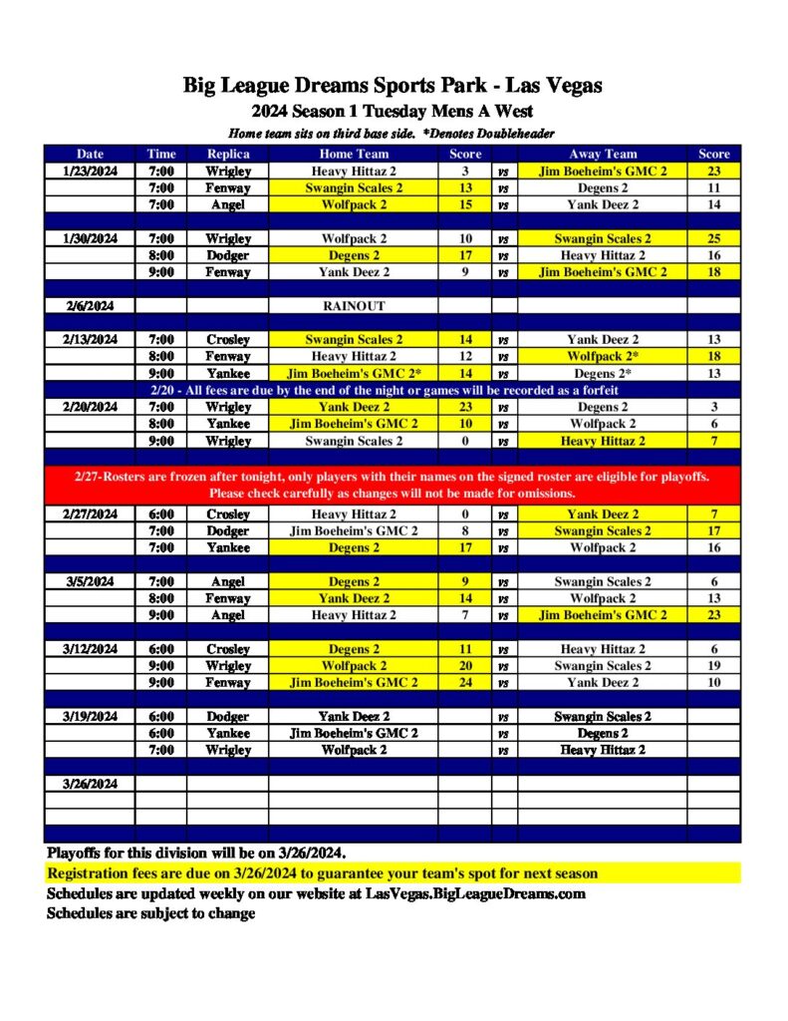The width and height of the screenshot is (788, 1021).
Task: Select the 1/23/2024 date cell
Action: (90, 170)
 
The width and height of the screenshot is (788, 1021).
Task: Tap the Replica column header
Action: (228, 154)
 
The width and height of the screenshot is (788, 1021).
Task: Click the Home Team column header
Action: (354, 154)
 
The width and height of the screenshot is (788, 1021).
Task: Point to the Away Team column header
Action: (603, 154)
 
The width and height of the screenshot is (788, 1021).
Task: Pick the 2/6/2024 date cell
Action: (90, 306)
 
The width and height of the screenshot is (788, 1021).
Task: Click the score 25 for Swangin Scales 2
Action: (714, 238)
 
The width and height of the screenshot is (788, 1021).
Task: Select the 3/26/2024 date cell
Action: (90, 783)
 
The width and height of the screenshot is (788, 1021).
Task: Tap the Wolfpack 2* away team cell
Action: (603, 356)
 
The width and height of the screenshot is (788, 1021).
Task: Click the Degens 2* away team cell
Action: (603, 373)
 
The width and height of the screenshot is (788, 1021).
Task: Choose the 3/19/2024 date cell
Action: (90, 716)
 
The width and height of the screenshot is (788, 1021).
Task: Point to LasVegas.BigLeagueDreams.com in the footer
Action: (475, 893)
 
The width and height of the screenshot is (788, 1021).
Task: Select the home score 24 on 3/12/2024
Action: (465, 682)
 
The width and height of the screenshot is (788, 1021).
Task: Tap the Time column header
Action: (160, 154)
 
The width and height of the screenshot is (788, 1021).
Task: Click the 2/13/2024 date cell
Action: (90, 339)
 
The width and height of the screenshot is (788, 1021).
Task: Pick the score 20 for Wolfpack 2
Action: (465, 665)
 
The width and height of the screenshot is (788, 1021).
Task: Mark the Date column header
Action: (90, 154)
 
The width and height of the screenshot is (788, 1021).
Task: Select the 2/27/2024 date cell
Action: (90, 513)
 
